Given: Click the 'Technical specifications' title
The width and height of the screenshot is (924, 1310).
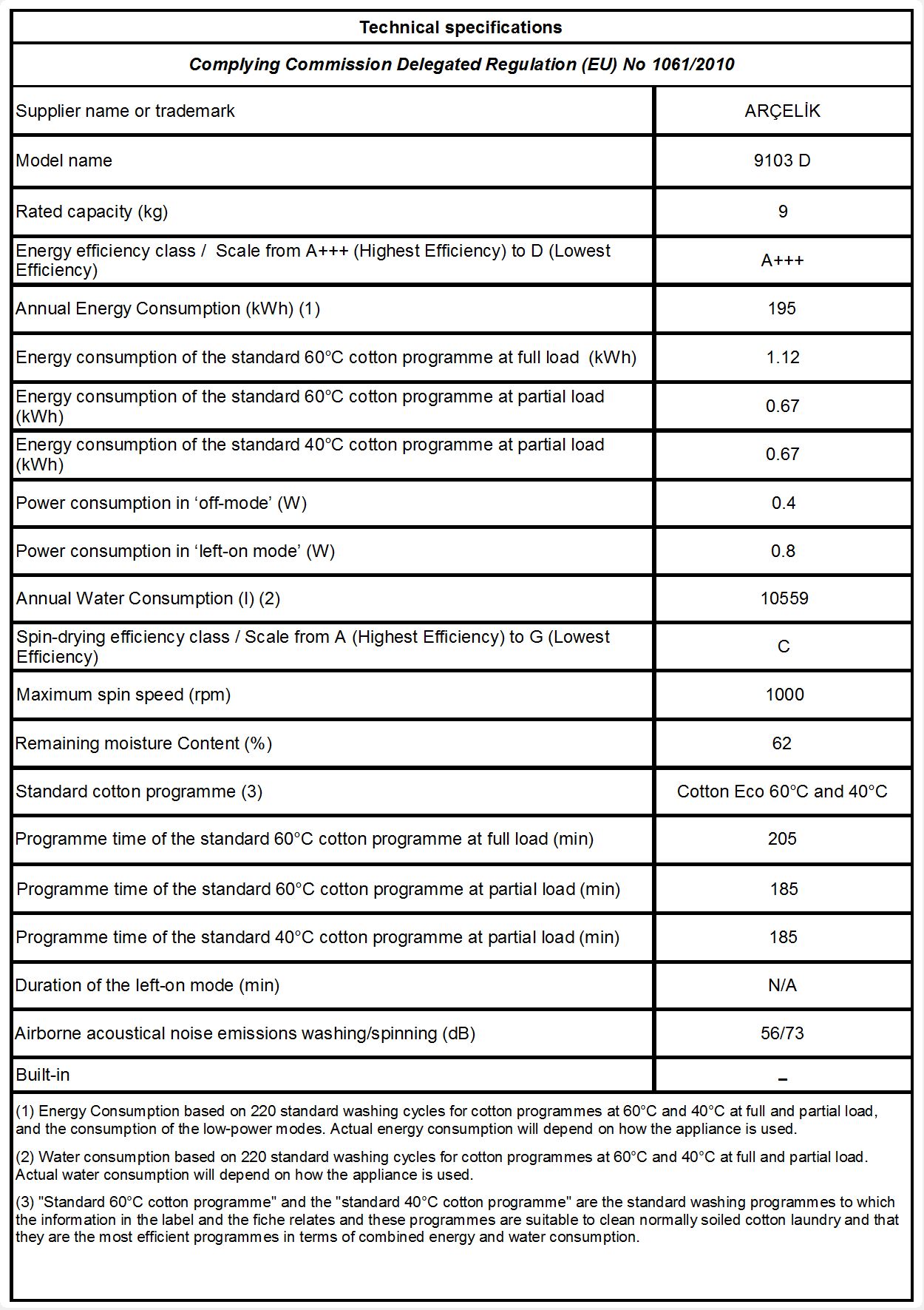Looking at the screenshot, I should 461,28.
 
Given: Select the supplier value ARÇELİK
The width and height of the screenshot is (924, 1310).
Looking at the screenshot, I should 782,111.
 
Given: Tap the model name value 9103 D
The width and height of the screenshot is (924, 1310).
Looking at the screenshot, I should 782,161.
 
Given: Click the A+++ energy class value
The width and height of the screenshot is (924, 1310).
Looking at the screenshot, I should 782,260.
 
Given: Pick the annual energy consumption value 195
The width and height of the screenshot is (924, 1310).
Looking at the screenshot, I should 782,308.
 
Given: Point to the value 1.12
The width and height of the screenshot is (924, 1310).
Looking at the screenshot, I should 782,357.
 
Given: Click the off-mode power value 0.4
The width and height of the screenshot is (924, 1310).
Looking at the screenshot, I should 783,503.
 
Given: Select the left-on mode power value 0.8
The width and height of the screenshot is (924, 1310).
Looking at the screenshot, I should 783,551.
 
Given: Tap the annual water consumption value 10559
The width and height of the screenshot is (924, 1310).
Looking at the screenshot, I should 784,598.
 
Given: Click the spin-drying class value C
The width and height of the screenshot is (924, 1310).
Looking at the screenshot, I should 784,646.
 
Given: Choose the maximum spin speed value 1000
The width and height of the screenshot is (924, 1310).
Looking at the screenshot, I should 784,695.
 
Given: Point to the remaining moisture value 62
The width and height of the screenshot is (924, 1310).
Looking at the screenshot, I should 782,743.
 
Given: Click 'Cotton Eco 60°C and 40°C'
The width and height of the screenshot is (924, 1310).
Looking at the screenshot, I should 782,791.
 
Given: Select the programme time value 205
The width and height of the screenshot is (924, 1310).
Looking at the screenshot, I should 782,839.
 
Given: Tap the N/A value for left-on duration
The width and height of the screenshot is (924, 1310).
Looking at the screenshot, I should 782,985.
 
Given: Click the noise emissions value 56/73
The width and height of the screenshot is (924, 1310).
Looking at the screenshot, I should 782,1033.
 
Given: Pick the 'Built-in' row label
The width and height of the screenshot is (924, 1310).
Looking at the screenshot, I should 43,1075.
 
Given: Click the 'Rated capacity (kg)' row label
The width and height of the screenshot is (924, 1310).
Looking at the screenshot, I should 92,212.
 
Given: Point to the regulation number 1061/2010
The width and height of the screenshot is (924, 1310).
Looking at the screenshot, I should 693,64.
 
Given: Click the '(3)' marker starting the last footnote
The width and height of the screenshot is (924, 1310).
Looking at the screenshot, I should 25,1202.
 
